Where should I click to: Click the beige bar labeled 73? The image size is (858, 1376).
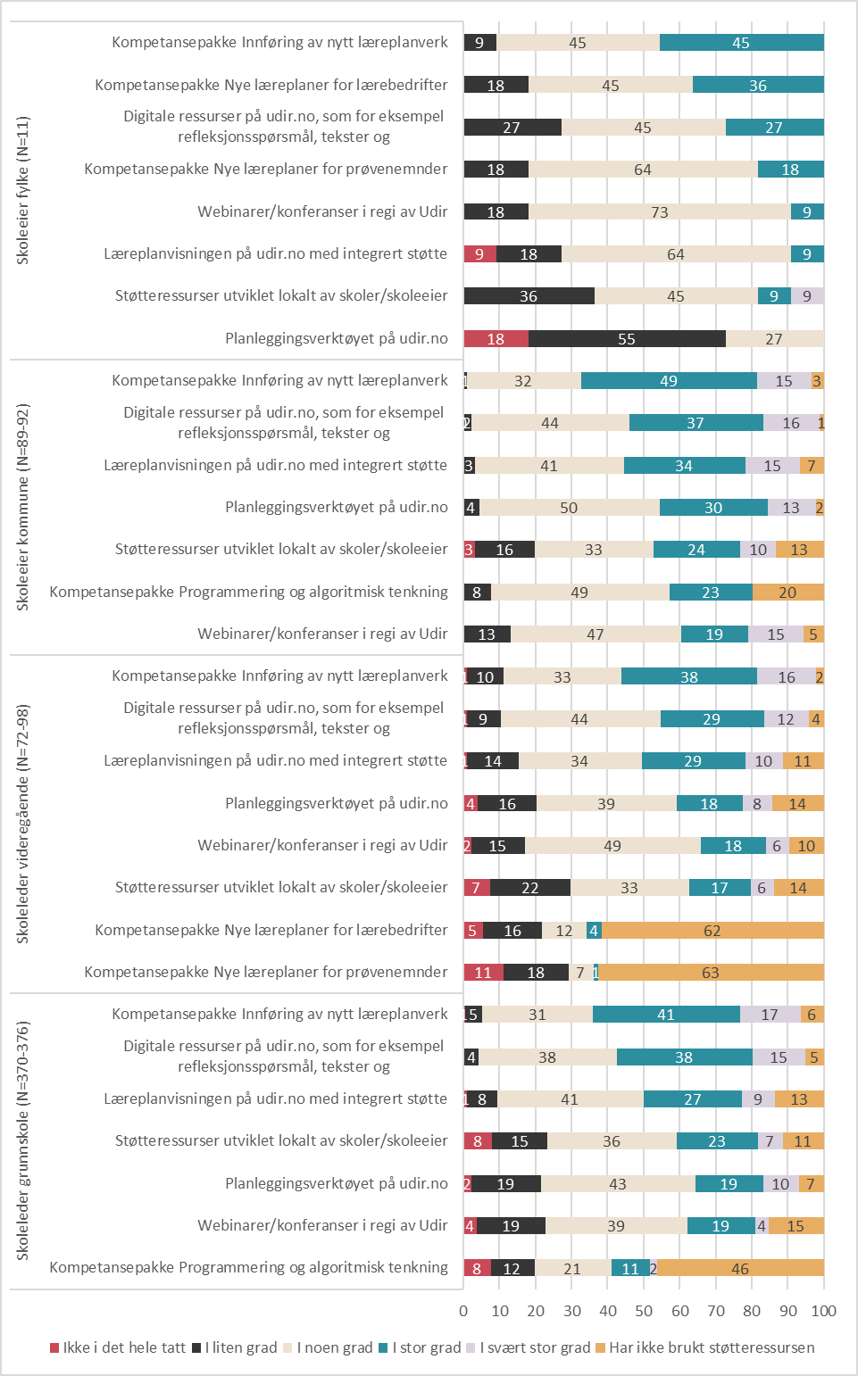(660, 211)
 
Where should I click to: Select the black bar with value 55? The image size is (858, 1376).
(627, 338)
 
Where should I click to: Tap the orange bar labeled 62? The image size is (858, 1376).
(713, 930)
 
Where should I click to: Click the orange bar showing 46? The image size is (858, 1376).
(741, 1268)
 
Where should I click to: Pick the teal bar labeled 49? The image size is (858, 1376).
(670, 381)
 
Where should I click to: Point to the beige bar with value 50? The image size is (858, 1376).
(570, 508)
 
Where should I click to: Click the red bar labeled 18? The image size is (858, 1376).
(496, 338)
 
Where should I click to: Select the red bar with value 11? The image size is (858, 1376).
(484, 973)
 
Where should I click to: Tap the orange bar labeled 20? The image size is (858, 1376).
(788, 593)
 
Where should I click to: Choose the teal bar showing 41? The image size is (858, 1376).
(666, 1015)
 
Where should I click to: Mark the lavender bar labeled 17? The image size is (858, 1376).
(771, 1015)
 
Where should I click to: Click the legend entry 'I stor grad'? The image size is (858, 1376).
(420, 1347)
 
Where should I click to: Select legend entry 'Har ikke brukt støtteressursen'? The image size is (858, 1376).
(705, 1347)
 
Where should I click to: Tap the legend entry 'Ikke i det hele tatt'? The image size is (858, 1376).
(118, 1347)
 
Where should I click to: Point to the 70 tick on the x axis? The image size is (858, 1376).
(716, 1311)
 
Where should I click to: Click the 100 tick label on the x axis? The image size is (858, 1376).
(823, 1311)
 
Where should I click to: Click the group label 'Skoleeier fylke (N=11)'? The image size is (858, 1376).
(22, 190)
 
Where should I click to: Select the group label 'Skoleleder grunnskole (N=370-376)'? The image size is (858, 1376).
(22, 1140)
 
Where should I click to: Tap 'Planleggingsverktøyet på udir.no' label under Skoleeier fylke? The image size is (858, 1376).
(337, 338)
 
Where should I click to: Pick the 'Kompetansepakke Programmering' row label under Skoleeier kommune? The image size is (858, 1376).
(249, 592)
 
